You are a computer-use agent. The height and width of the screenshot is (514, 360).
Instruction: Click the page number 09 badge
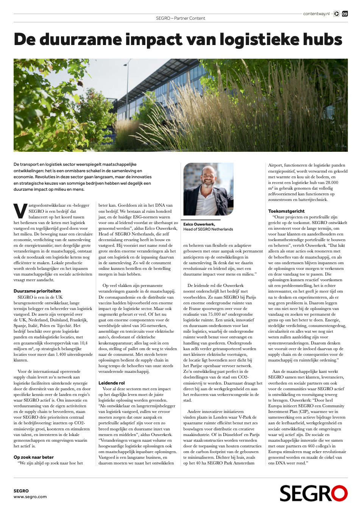(345, 14)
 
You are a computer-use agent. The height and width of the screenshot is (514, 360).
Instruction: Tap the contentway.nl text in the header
(316, 14)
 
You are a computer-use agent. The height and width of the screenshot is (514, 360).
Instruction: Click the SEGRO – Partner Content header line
(181, 18)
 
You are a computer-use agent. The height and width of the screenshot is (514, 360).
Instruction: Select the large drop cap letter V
(20, 211)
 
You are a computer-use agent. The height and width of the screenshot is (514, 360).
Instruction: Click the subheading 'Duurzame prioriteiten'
(37, 291)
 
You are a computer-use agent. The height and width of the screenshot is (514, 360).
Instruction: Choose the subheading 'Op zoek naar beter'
(34, 457)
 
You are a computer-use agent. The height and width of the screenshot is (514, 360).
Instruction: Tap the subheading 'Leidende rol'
(112, 383)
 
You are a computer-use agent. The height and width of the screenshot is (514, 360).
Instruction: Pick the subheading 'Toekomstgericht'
(286, 211)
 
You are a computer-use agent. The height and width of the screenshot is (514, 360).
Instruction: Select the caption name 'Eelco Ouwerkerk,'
(199, 224)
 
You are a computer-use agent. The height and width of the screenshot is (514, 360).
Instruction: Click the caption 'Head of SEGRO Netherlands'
(208, 229)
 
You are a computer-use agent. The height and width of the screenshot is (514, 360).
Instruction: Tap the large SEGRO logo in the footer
(313, 494)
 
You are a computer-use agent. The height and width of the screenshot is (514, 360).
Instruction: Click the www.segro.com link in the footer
(30, 497)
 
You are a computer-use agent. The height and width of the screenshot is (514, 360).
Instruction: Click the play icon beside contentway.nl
(337, 14)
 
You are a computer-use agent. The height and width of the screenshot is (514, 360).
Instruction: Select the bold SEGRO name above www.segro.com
(21, 491)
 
